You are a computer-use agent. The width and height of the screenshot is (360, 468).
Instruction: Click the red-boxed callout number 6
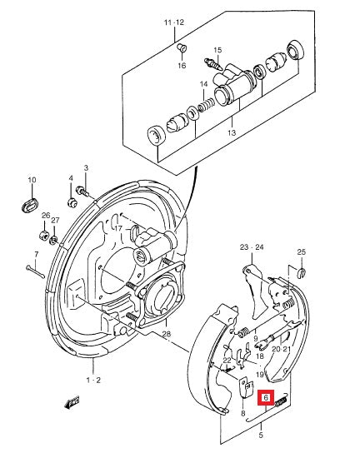pos(266,397)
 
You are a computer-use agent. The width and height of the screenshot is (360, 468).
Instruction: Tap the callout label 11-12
pos(174,22)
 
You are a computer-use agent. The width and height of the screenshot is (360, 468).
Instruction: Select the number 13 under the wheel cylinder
pos(232,132)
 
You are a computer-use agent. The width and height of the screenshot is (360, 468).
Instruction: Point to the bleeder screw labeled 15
pos(213,64)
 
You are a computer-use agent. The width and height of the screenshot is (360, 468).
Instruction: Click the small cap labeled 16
pos(182,47)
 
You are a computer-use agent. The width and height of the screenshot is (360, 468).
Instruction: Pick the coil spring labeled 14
pos(206,105)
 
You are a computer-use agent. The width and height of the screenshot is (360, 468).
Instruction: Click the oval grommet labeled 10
pos(31,205)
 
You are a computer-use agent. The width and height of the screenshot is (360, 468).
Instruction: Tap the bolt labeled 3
pos(82,191)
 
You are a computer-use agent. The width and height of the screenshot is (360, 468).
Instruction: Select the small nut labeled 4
pos(72,202)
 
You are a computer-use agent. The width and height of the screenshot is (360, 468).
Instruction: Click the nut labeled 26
pos(43,235)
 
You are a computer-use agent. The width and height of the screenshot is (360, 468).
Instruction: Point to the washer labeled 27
pos(54,240)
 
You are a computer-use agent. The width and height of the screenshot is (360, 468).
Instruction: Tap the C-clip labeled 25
pos(302,272)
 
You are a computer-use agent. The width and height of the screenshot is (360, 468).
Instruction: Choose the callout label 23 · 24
pos(252,247)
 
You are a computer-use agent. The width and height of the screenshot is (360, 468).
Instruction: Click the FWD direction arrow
pos(72,403)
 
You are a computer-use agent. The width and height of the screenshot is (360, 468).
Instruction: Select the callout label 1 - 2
pos(93,381)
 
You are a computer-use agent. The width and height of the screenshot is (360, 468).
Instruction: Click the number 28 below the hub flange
pos(167,334)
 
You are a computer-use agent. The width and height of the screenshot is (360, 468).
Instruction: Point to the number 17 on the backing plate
pos(118,228)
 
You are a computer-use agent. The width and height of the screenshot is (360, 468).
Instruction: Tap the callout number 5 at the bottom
pos(261,435)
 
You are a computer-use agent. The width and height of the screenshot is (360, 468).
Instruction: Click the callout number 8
pos(242,413)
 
